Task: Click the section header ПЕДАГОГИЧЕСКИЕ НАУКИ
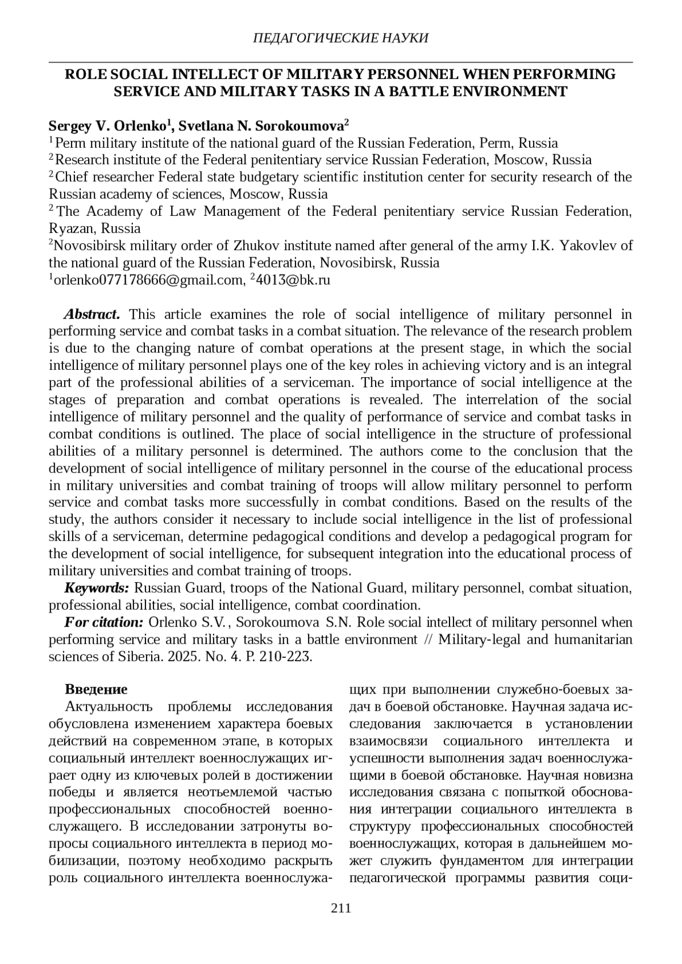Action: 340,38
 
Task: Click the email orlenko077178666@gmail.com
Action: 149,279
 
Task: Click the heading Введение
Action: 96,690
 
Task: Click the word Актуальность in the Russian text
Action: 109,707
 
